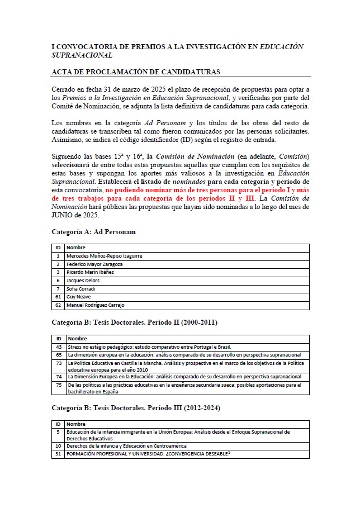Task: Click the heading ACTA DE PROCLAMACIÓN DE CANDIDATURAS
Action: pos(135,72)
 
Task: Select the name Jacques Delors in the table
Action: pos(83,281)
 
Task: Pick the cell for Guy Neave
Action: pos(78,297)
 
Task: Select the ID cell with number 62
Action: pos(58,305)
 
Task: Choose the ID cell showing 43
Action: pos(59,347)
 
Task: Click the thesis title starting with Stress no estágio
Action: pos(150,347)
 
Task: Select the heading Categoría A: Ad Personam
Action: pos(93,231)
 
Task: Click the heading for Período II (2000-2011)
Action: pos(134,322)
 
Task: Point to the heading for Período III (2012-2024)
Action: pos(136,408)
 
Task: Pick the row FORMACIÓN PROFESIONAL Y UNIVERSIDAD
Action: pos(148,454)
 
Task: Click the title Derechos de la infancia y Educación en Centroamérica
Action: pos(126,446)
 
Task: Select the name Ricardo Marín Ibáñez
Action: pos(90,272)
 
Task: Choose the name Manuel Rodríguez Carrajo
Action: pos(95,305)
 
